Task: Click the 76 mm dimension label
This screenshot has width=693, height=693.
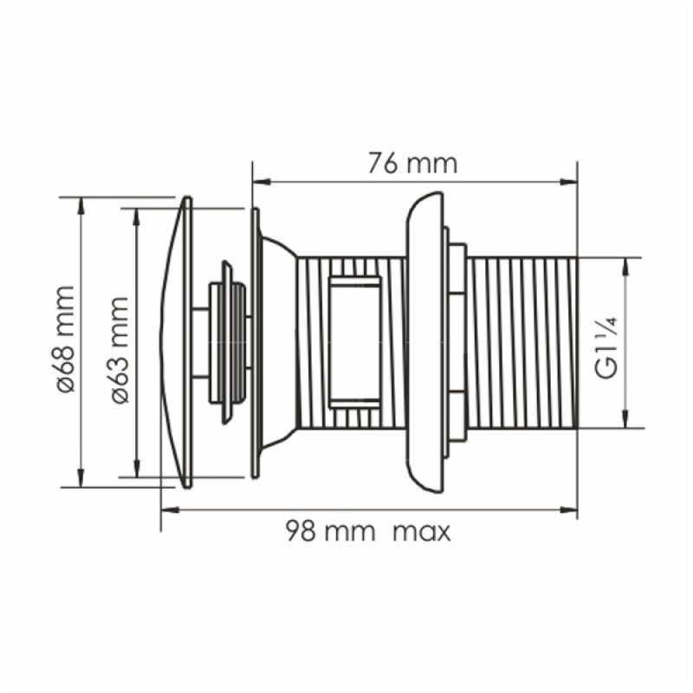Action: pyautogui.click(x=412, y=164)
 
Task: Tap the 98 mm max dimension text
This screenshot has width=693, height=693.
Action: pyautogui.click(x=368, y=531)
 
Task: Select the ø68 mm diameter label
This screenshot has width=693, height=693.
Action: pyautogui.click(x=66, y=340)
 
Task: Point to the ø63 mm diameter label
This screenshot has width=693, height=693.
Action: pyautogui.click(x=120, y=350)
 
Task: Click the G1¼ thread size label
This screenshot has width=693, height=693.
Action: pyautogui.click(x=607, y=348)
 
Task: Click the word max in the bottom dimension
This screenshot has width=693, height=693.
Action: pyautogui.click(x=422, y=532)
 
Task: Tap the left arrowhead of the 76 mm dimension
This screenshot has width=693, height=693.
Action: pyautogui.click(x=262, y=182)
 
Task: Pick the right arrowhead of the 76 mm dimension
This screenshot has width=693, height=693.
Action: pyautogui.click(x=568, y=182)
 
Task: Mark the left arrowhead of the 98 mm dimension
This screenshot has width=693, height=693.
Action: pyautogui.click(x=170, y=510)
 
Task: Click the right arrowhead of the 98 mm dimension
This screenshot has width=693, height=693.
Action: pyautogui.click(x=568, y=510)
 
